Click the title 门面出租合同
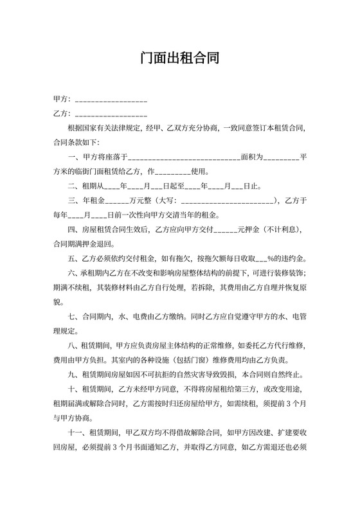coord(180,58)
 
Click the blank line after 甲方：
coord(111,101)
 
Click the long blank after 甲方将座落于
coord(185,157)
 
